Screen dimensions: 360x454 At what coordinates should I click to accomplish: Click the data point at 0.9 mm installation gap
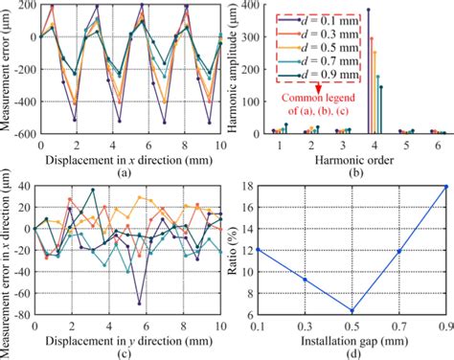click(x=446, y=187)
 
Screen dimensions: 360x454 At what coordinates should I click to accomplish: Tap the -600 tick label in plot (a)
click(x=20, y=133)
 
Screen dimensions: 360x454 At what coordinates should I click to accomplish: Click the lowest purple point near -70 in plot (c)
click(x=139, y=304)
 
